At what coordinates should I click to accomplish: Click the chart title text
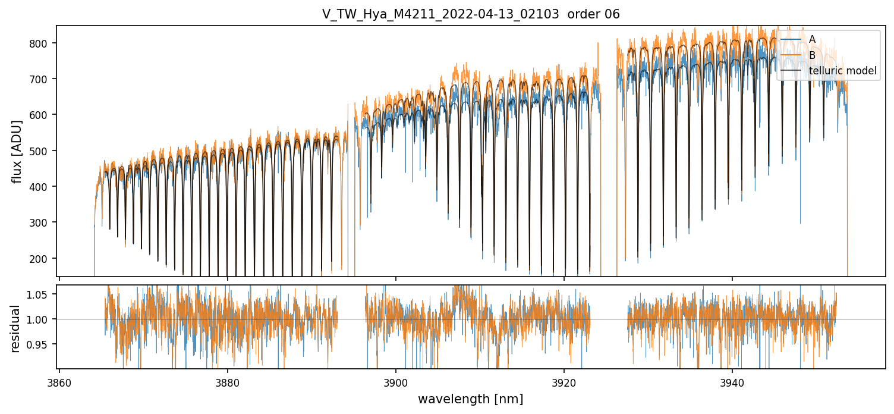471,14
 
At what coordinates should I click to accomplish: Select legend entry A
812,39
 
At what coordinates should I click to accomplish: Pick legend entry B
812,55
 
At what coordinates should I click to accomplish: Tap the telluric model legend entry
842,71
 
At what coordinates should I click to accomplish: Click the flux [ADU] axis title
17,151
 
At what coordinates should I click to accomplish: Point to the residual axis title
15,328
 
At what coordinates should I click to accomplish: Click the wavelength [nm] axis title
470,399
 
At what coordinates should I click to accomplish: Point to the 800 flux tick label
43,43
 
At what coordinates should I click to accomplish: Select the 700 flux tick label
43,79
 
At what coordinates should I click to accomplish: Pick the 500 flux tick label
43,151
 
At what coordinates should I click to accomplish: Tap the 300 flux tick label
43,222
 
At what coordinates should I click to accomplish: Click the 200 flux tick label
43,259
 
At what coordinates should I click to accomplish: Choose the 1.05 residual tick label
40,294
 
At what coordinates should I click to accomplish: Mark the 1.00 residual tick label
40,319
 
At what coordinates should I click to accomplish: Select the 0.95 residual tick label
40,344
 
